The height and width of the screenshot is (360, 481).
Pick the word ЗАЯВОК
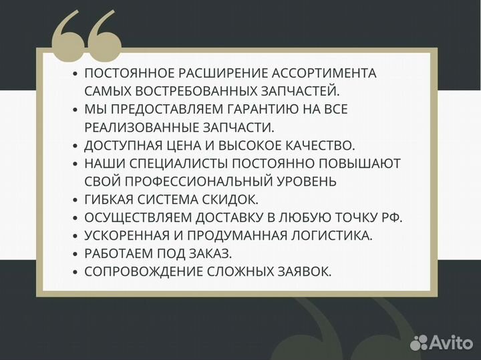(298, 271)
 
